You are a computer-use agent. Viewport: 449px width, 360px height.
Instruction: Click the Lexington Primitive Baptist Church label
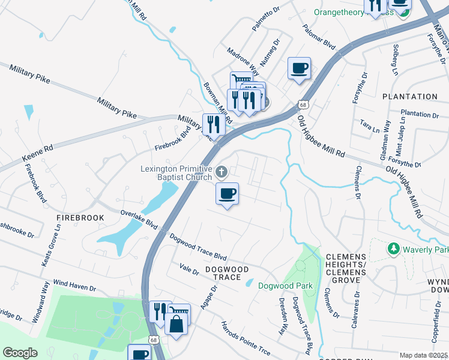pyautogui.click(x=176, y=173)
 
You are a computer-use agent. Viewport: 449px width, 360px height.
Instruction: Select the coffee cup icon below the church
pyautogui.click(x=227, y=194)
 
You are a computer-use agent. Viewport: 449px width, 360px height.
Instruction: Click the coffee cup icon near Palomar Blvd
pyautogui.click(x=299, y=68)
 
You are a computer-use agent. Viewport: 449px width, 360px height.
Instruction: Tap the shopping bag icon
pyautogui.click(x=178, y=324)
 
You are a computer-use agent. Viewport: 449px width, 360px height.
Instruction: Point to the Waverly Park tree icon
pyautogui.click(x=394, y=248)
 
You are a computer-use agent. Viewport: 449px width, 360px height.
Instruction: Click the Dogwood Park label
pyautogui.click(x=285, y=286)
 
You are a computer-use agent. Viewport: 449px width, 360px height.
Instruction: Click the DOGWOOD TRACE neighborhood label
pyautogui.click(x=227, y=273)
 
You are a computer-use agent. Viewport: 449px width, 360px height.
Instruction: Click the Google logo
pyautogui.click(x=20, y=352)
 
